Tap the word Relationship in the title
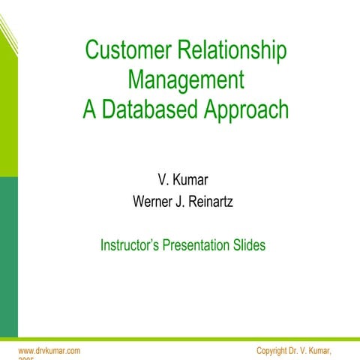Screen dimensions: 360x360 (x=235, y=51)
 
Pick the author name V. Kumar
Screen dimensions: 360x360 (x=183, y=180)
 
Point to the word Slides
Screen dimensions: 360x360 (x=248, y=244)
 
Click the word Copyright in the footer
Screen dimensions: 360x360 (x=273, y=351)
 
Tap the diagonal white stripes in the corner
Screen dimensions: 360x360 (x=7, y=30)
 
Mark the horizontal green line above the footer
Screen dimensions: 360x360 (x=180, y=339)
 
